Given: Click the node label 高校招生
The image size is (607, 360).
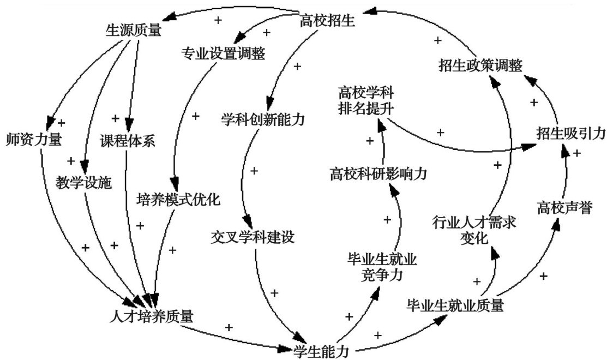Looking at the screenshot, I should click(328, 21).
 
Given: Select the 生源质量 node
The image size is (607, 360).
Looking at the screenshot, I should click(133, 30).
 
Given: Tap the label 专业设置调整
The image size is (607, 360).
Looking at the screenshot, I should click(223, 53).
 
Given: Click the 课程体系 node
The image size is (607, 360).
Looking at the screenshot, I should click(128, 140).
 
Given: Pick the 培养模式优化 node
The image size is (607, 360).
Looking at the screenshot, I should click(178, 199).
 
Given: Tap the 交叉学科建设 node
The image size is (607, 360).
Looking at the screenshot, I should click(252, 237).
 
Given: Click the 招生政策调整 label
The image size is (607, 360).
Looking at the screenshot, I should click(480, 65).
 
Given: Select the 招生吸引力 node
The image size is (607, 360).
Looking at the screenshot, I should click(570, 132).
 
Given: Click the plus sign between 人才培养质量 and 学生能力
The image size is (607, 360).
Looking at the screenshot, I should click(229, 328).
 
